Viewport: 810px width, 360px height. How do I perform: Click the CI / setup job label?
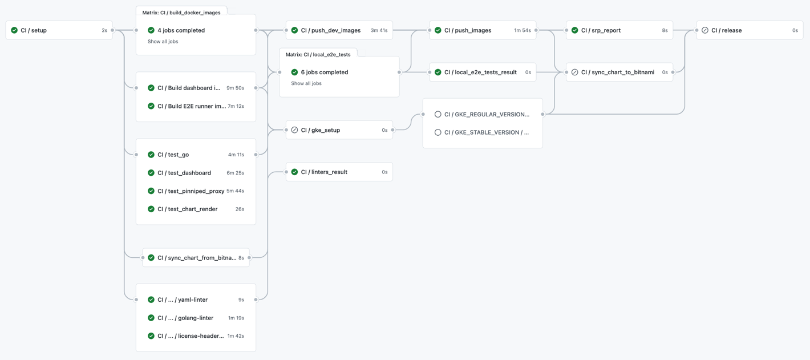[34, 30]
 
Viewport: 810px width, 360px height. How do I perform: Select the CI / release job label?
[726, 30]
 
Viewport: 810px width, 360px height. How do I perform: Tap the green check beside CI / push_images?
[438, 30]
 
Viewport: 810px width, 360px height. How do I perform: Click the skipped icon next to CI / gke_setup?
[294, 130]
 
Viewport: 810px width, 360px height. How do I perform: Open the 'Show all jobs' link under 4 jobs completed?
[163, 42]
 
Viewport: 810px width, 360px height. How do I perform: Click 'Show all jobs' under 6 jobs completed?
[306, 83]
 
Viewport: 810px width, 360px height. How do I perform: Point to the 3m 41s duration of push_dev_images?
[379, 30]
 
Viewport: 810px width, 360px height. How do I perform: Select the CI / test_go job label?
[173, 155]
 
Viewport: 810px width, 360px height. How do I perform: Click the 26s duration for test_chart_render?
[240, 209]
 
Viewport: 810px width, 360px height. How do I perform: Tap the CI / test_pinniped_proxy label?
[191, 191]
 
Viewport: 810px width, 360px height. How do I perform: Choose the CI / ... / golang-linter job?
[185, 318]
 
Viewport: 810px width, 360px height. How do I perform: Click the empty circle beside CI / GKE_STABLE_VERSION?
[438, 132]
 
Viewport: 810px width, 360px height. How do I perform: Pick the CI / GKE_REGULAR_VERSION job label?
[487, 114]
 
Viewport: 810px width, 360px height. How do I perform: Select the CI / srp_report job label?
[601, 30]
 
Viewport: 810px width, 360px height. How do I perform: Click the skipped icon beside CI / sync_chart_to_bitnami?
[575, 72]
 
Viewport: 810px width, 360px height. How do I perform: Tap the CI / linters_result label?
[324, 172]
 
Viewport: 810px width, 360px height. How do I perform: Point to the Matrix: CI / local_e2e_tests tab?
[318, 54]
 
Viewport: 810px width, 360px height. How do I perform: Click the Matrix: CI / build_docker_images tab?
[181, 12]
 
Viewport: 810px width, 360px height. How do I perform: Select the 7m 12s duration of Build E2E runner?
[236, 106]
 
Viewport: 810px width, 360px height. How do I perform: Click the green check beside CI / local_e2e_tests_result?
[438, 72]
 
